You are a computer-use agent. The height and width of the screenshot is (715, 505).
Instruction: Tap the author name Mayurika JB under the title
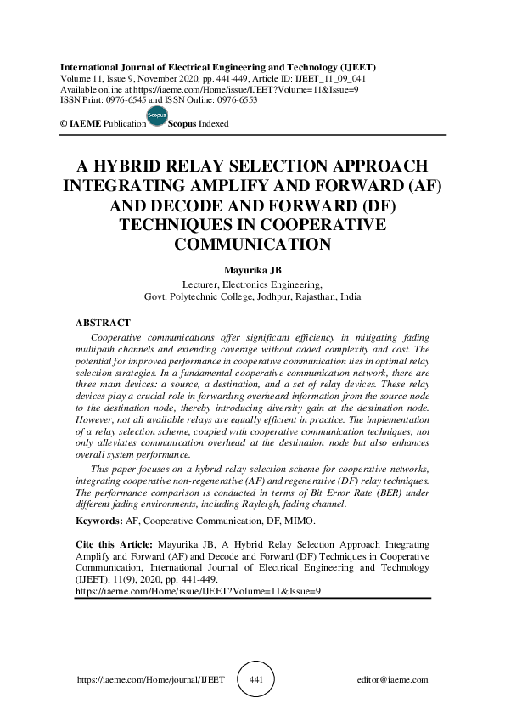pyautogui.click(x=251, y=270)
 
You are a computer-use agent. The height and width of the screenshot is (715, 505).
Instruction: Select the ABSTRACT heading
pyautogui.click(x=103, y=324)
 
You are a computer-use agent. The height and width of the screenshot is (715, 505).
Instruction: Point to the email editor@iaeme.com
pyautogui.click(x=394, y=680)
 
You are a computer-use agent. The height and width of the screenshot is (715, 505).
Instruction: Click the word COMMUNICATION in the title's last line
pyautogui.click(x=251, y=245)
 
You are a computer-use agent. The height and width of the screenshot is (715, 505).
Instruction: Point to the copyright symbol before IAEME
pyautogui.click(x=63, y=124)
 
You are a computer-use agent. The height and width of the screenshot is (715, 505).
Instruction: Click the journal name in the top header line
pyautogui.click(x=218, y=65)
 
